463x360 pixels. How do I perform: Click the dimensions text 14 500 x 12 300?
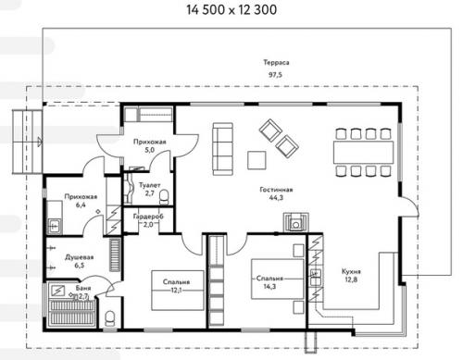pos(231,10)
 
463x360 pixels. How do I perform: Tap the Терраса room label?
pos(276,63)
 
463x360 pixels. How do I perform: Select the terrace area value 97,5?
pos(275,75)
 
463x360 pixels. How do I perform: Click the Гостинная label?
pos(276,190)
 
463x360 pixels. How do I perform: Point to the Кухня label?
pos(351,272)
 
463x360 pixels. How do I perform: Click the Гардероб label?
pos(148,217)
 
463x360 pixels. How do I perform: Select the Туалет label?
pos(149,185)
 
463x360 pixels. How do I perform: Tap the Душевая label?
pos(80,257)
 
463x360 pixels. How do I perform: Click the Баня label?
pos(83,288)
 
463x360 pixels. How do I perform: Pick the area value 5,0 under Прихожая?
pos(149,150)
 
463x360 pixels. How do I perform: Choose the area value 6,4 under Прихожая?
pos(81,205)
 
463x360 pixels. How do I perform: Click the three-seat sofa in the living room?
pos(222,149)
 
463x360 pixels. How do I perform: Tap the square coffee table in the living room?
pos(257,160)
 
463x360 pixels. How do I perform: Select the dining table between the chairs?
pos(363,153)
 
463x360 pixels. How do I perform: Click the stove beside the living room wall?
pos(296,222)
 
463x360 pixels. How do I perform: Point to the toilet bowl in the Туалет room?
pos(164,197)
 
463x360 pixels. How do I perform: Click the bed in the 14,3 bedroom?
pos(278,279)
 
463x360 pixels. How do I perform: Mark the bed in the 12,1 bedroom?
pos(178,291)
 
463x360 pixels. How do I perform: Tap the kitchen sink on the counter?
pos(315,278)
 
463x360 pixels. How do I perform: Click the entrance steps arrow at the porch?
pos(39,142)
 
